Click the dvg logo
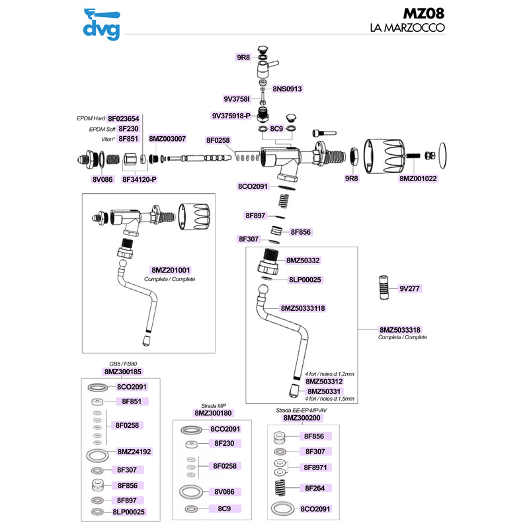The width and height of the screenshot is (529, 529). [101, 23]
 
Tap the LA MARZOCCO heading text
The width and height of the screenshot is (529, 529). [406, 28]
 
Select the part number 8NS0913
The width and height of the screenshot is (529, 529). [287, 89]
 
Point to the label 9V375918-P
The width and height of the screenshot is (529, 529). [231, 115]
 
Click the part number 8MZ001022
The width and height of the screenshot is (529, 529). [419, 179]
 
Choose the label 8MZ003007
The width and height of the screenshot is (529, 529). [167, 139]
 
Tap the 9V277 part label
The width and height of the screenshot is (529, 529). [411, 289]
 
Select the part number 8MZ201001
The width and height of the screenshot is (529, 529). [171, 270]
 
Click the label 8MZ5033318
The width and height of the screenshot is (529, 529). [401, 329]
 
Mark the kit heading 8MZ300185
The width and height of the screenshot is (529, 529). [123, 372]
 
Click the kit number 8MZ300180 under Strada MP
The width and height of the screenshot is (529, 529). [213, 413]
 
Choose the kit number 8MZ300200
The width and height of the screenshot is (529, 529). [302, 418]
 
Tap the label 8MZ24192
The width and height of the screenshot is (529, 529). [134, 452]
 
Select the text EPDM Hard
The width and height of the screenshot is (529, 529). [91, 118]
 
